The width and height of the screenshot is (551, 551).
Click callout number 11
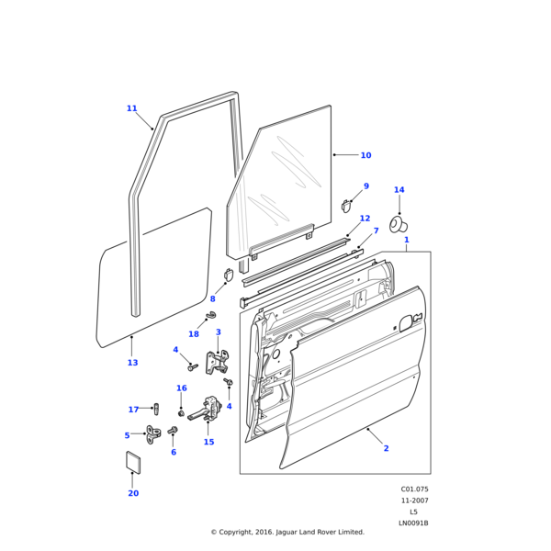131,108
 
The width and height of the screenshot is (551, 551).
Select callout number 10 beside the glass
365,155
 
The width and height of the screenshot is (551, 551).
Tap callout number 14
399,190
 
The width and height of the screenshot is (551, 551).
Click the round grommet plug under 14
399,223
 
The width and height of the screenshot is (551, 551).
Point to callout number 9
365,186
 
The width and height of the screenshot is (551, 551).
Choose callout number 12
365,219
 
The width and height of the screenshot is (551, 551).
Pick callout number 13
132,363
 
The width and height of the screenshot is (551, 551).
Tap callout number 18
194,334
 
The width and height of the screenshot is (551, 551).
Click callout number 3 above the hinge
218,332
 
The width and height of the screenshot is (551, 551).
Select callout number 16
181,388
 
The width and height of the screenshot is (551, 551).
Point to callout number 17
133,410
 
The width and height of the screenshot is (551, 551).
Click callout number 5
127,435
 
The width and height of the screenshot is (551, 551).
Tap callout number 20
133,493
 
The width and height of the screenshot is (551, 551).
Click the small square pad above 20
132,462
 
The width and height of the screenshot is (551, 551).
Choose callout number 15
208,442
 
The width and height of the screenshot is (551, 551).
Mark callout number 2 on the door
386,448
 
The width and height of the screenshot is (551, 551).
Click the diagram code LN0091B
413,523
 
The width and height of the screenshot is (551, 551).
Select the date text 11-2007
414,500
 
